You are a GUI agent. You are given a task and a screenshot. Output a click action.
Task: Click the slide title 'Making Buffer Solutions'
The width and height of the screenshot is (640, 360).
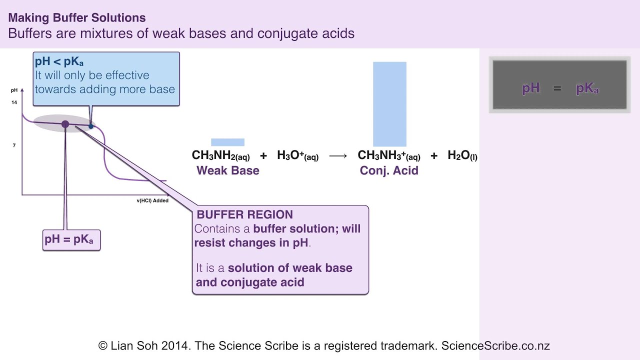77,18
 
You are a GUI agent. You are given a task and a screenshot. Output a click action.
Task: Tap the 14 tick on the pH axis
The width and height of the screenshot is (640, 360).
14,102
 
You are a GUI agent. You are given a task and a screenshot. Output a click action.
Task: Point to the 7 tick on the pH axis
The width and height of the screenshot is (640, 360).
14,145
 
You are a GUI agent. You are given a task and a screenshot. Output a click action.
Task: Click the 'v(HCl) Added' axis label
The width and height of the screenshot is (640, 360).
152,200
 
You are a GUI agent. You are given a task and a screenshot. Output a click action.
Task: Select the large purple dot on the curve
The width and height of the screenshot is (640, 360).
65,124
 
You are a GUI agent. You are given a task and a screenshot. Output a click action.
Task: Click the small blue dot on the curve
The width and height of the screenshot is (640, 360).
91,126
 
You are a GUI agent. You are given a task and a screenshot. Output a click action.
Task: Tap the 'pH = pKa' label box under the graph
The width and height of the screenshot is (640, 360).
71,239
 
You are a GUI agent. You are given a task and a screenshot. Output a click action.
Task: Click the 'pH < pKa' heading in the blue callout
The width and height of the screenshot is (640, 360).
59,62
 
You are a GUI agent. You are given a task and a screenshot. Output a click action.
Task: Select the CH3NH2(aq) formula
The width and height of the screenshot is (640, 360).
220,155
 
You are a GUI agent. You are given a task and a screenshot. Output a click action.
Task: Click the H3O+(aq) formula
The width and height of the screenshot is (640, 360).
297,155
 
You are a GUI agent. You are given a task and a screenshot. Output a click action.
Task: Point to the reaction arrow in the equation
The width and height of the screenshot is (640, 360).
338,156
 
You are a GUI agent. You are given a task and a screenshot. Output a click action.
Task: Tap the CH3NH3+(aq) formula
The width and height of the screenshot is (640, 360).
388,155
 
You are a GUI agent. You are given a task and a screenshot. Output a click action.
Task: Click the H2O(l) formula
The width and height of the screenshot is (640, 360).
462,155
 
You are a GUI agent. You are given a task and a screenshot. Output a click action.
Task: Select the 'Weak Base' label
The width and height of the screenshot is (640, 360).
228,170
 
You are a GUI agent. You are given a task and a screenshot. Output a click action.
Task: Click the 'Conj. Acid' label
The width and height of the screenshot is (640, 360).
389,170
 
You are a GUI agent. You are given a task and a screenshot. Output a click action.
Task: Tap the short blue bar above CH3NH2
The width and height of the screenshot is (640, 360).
227,142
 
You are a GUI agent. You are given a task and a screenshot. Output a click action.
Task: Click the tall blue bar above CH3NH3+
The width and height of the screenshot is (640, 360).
389,104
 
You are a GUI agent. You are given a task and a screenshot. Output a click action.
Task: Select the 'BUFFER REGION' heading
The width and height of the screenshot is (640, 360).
244,215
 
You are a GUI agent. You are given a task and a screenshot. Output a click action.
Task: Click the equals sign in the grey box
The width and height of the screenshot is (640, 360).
557,88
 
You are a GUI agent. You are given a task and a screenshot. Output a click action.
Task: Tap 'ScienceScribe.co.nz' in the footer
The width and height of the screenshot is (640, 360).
495,345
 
